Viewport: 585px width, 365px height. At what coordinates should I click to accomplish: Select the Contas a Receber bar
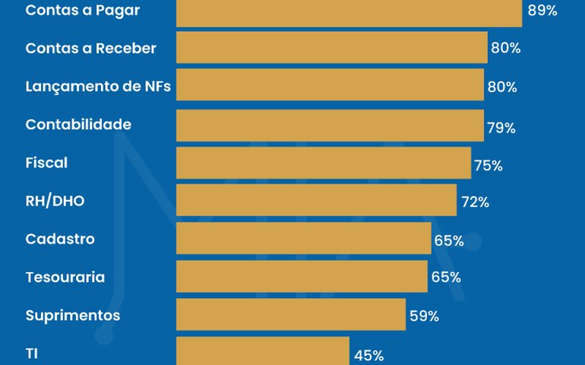pyautogui.click(x=331, y=47)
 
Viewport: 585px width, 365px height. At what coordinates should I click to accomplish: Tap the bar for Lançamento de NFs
pyautogui.click(x=330, y=85)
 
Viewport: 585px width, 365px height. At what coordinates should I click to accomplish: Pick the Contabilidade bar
pyautogui.click(x=330, y=125)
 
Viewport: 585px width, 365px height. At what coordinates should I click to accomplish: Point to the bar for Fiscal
pyautogui.click(x=324, y=163)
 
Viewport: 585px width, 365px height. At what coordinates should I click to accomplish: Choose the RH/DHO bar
pyautogui.click(x=316, y=201)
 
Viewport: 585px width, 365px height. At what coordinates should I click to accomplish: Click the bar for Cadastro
pyautogui.click(x=304, y=238)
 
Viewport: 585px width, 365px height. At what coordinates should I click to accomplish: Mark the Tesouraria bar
pyautogui.click(x=302, y=276)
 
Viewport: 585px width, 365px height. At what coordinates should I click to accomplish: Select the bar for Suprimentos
pyautogui.click(x=291, y=314)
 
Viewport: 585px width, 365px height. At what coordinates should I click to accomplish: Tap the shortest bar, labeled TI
pyautogui.click(x=262, y=351)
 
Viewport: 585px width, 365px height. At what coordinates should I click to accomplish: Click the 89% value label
pyautogui.click(x=542, y=11)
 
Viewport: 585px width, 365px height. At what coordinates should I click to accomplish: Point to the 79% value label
pyautogui.click(x=501, y=128)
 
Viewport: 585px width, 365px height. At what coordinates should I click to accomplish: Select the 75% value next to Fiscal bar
pyautogui.click(x=488, y=166)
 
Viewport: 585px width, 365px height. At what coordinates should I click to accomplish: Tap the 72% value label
pyautogui.click(x=475, y=202)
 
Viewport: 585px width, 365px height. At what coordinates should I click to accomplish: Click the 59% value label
pyautogui.click(x=424, y=316)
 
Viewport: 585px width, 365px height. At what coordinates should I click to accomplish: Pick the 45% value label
pyautogui.click(x=368, y=355)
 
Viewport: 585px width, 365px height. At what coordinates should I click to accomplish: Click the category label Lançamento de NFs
pyautogui.click(x=98, y=87)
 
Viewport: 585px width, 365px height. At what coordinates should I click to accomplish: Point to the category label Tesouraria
pyautogui.click(x=65, y=277)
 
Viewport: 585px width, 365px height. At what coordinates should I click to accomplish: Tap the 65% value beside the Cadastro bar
pyautogui.click(x=449, y=240)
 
